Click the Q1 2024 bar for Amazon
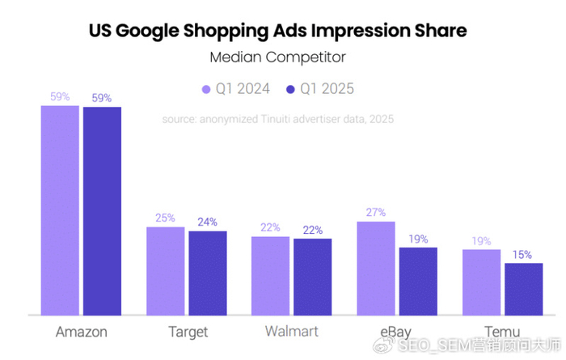point(61,210)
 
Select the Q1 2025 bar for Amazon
point(102,210)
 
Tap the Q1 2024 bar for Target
point(165,271)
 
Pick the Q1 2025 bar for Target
point(208,273)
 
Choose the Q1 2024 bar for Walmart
point(270,275)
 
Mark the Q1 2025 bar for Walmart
point(312,276)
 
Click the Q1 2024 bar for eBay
point(376,268)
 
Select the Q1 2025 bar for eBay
point(417,281)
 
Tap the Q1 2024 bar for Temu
point(481,282)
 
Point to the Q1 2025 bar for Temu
point(523,288)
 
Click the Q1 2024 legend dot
point(206,89)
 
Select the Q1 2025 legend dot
point(291,89)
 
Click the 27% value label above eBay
point(376,213)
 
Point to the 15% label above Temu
point(523,255)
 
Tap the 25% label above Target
point(165,218)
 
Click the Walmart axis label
point(291,332)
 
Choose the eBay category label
point(396,332)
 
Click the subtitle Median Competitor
point(277,57)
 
